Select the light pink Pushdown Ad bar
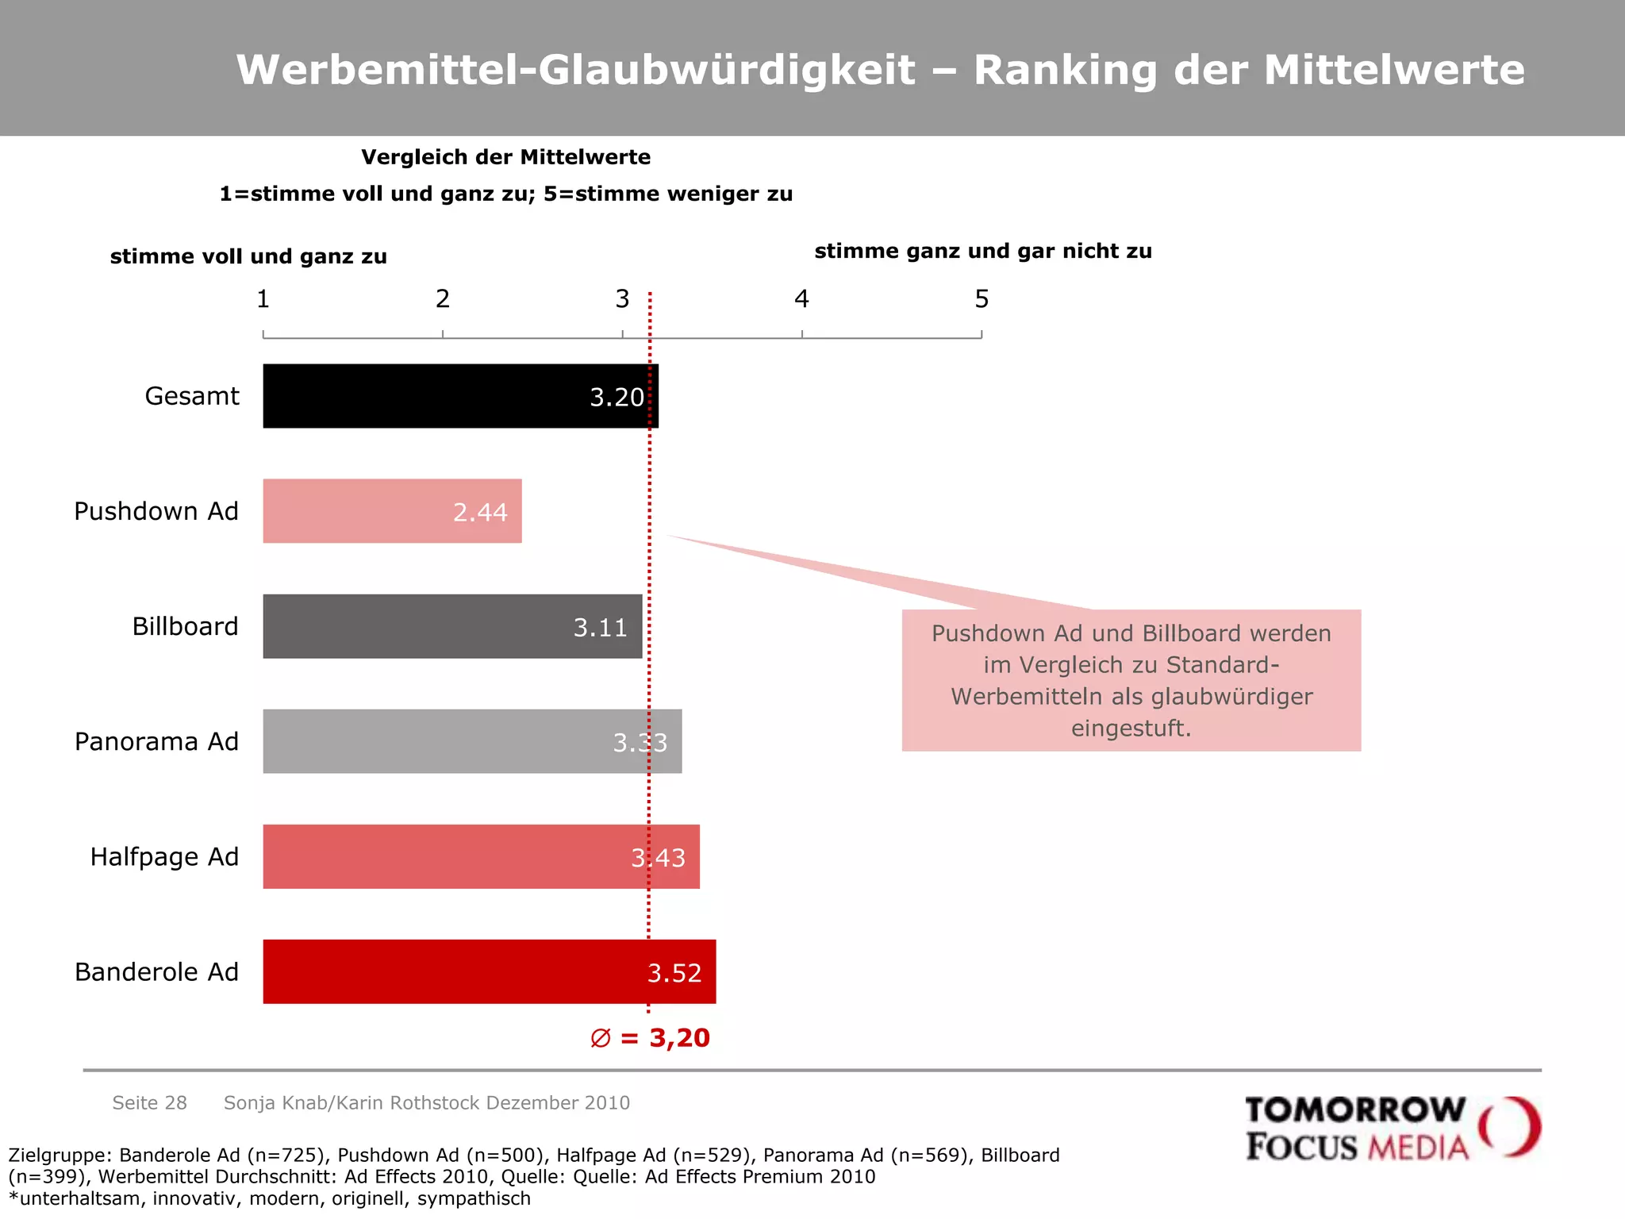coord(357,511)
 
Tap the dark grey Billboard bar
coord(421,626)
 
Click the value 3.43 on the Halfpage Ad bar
coord(658,857)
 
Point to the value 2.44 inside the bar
coord(480,512)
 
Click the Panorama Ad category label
coord(156,741)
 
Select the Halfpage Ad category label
coord(164,856)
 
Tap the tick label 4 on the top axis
coord(801,299)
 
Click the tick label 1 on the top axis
coord(263,299)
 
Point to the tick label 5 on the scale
coord(982,299)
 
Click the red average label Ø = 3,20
coord(651,1037)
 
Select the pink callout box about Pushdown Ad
coord(1131,680)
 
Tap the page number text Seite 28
coord(149,1102)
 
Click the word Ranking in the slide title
coord(1065,70)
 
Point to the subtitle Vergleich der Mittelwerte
coord(505,157)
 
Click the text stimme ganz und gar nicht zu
coord(983,251)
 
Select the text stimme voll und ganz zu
coord(248,256)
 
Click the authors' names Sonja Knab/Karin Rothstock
coord(352,1102)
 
